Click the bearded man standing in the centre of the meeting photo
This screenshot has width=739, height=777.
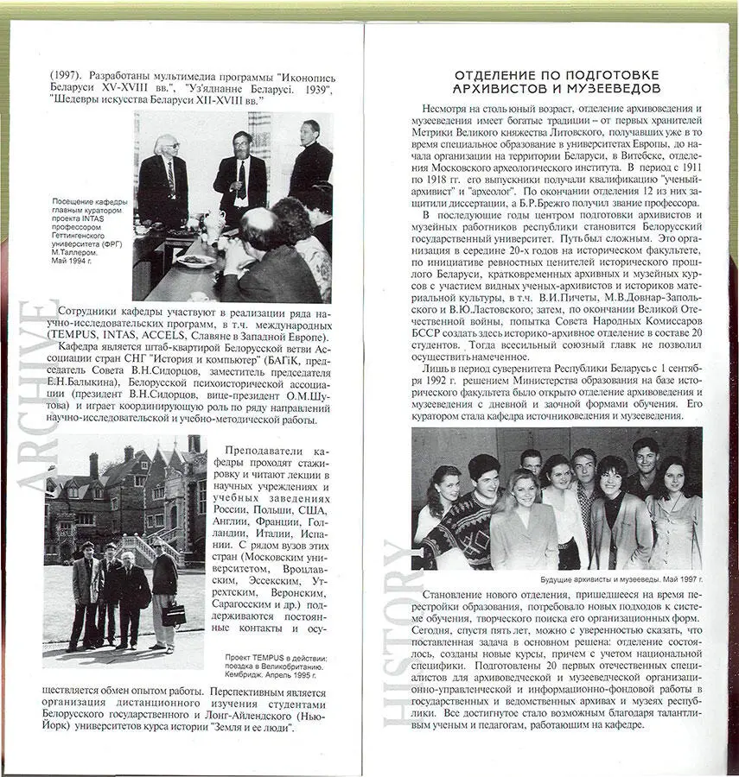pyautogui.click(x=240, y=173)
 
